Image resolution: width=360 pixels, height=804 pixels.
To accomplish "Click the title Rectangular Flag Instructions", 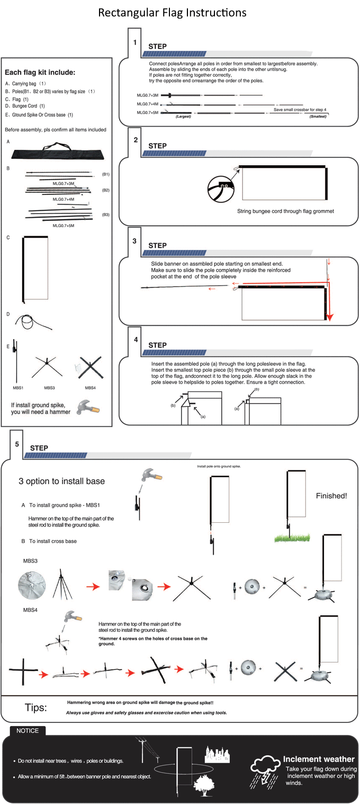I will (172, 12).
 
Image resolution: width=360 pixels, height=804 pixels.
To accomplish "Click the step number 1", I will (135, 42).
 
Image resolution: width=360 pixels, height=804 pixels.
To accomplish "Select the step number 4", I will (136, 340).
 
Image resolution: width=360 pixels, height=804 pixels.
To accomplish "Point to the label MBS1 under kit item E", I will (19, 388).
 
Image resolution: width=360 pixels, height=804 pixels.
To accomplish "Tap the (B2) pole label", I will (106, 189).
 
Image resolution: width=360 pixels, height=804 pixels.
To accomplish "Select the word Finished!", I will (331, 496).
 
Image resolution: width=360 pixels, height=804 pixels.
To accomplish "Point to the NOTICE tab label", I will (28, 730).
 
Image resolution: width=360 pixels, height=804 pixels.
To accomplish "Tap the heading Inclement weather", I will (319, 759).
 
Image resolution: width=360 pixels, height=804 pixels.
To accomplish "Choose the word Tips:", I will (36, 708).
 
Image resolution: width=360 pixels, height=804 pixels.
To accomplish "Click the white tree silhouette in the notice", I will (203, 783).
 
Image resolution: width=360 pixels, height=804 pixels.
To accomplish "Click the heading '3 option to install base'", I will (62, 481).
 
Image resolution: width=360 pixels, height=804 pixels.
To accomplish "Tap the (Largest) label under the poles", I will (183, 116).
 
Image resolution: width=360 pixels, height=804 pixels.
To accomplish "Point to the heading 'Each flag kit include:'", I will (40, 73).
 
